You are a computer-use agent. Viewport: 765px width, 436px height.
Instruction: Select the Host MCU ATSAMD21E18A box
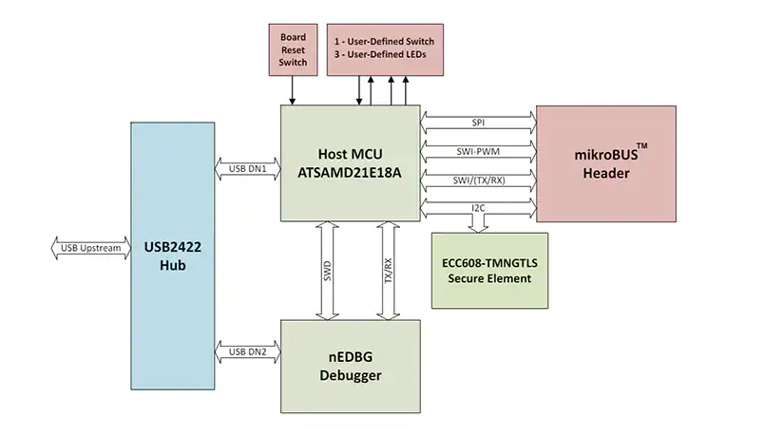point(351,163)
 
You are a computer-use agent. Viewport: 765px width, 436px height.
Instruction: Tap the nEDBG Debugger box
point(351,367)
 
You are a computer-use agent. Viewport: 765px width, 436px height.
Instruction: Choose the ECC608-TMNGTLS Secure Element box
point(489,270)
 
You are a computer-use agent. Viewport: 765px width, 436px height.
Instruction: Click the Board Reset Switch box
point(293,50)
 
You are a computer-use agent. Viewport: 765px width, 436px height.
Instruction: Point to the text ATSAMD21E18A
point(351,173)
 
